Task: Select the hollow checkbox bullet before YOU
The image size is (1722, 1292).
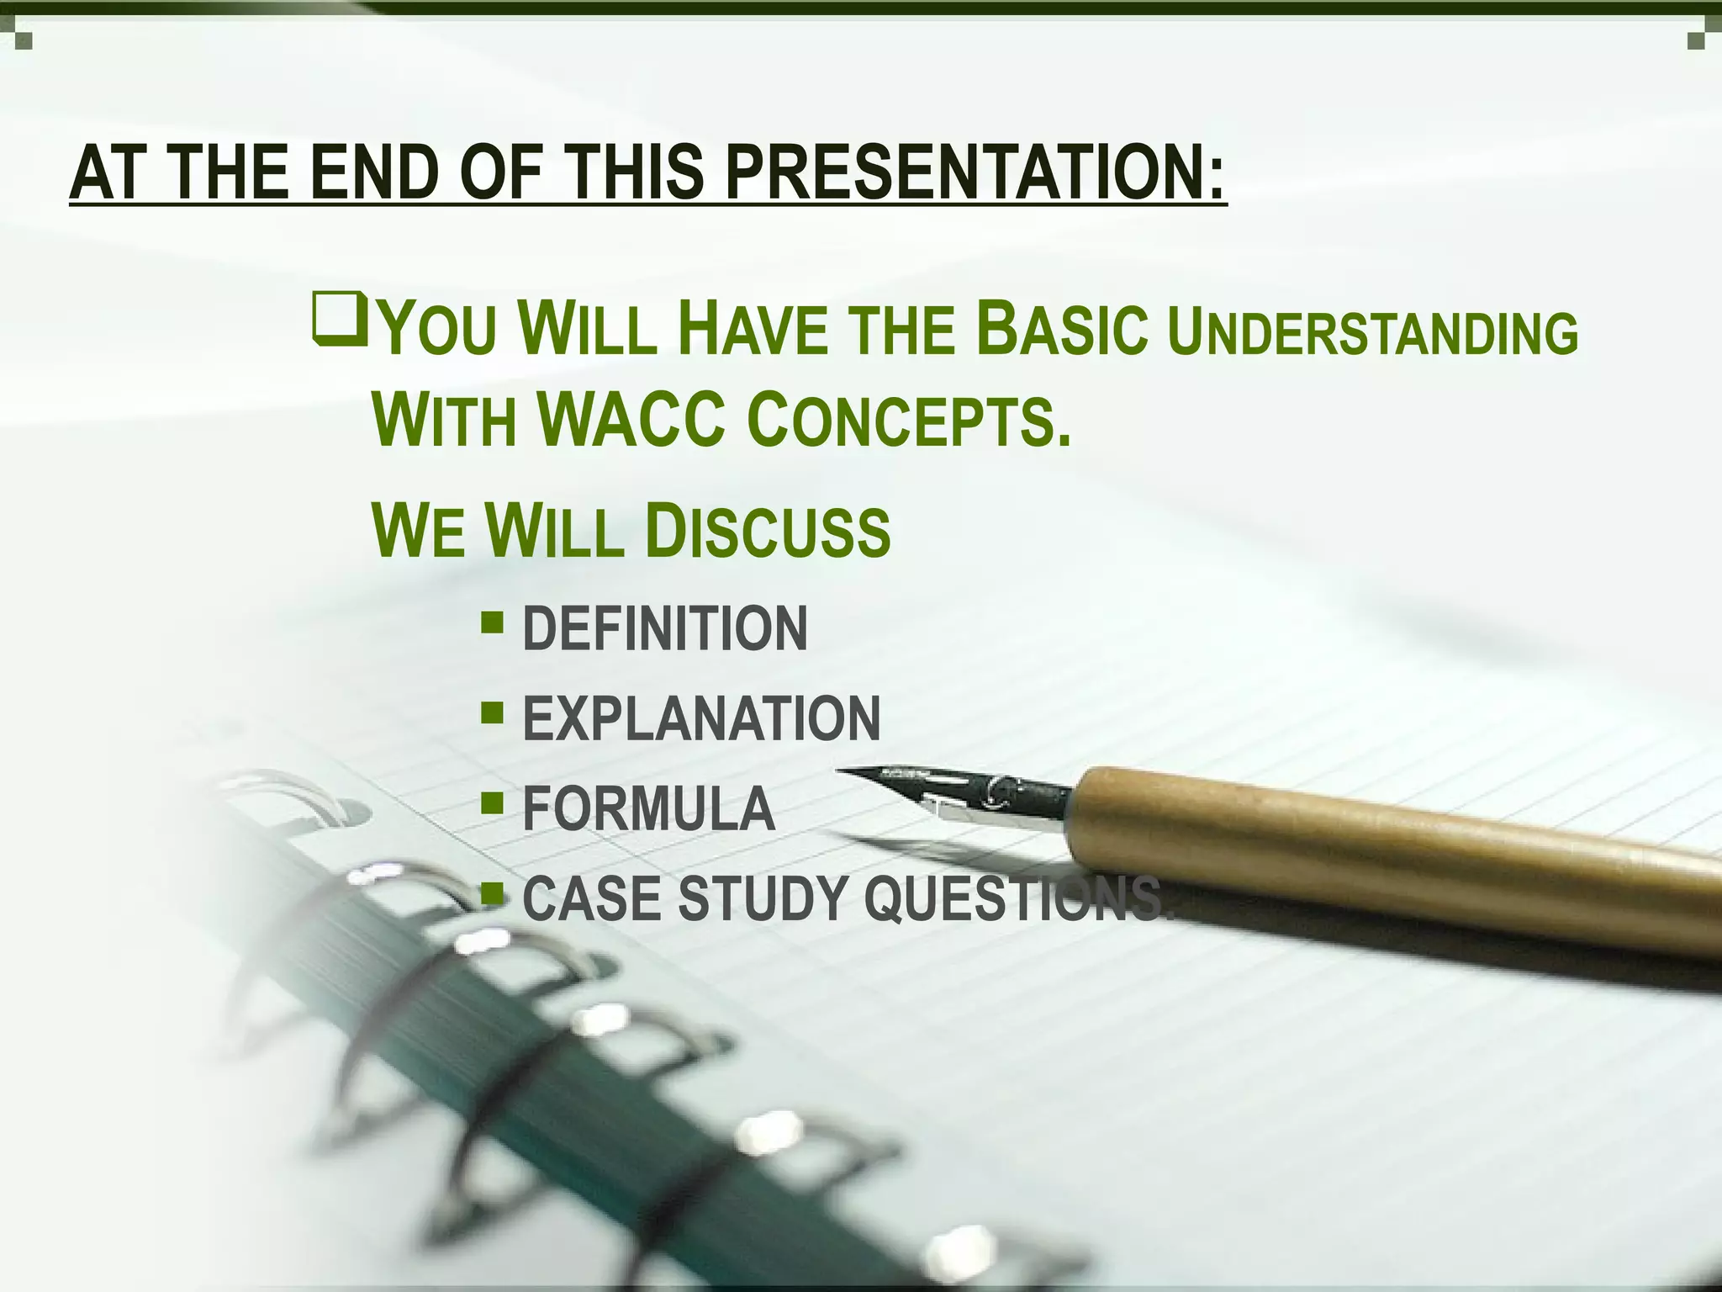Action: point(339,318)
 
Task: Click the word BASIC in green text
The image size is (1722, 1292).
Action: point(1064,329)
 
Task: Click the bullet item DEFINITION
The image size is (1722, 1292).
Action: point(664,628)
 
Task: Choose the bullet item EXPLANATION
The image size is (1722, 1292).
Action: point(701,719)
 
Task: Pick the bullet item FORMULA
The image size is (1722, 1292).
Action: point(648,809)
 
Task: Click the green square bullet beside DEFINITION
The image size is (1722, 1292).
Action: point(493,623)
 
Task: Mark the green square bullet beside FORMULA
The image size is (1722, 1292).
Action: point(493,803)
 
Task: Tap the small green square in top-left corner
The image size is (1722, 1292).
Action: point(23,39)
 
